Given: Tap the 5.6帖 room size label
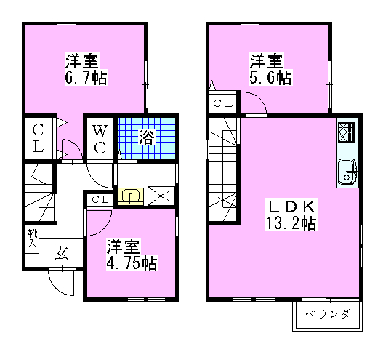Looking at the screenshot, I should point(273,77).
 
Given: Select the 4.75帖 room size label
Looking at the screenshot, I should point(132,261).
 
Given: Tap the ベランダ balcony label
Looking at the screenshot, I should point(327,314).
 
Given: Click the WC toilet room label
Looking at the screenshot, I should point(101,138).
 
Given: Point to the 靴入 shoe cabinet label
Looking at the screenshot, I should point(32,239).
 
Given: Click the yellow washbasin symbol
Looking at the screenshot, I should point(131,196).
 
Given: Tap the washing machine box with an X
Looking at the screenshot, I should point(161,196).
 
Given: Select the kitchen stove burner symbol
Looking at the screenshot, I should point(347,132).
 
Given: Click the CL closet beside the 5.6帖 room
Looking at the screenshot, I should point(223,104).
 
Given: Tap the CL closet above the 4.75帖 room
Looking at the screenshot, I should point(100,199).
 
